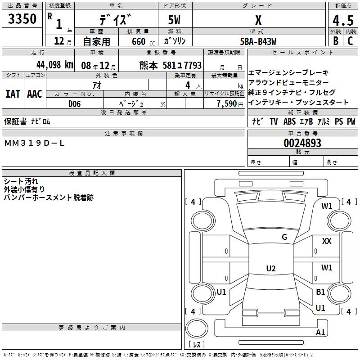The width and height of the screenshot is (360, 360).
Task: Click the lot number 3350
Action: (22, 20)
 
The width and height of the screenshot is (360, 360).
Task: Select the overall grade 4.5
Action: (342, 20)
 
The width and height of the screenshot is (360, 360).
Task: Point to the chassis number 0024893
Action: (302, 143)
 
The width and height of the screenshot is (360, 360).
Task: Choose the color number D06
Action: (75, 103)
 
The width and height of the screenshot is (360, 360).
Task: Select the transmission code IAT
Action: (13, 94)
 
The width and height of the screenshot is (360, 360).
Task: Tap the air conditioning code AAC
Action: (34, 94)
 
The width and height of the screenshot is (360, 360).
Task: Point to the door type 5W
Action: (175, 20)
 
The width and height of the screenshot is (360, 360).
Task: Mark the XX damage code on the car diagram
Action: (327, 241)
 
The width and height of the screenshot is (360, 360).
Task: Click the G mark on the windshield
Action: (284, 237)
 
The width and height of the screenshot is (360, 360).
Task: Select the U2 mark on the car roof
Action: (270, 269)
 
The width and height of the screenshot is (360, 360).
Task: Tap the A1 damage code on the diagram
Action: (320, 333)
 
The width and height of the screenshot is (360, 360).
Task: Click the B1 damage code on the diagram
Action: (320, 292)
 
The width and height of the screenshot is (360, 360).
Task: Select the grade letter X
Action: (258, 20)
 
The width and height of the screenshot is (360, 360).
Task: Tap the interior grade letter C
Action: (350, 41)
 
